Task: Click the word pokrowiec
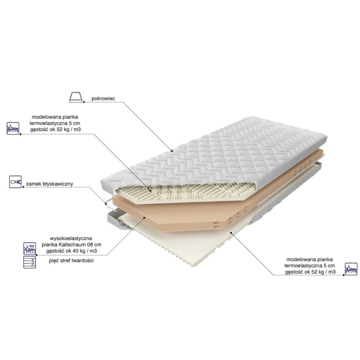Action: click(103, 98)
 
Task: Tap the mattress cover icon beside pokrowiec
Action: click(76, 97)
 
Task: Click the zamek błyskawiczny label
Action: click(49, 184)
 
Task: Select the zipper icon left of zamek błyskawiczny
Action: click(15, 182)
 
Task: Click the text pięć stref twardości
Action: click(71, 260)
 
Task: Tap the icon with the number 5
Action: click(29, 262)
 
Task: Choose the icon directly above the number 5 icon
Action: click(29, 248)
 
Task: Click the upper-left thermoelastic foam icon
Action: click(13, 128)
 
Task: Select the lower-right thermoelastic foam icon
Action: click(351, 269)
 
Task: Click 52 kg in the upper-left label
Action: click(62, 129)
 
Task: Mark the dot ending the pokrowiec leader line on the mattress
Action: click(171, 151)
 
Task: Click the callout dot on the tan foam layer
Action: click(144, 217)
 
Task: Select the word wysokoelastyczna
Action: click(71, 238)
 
